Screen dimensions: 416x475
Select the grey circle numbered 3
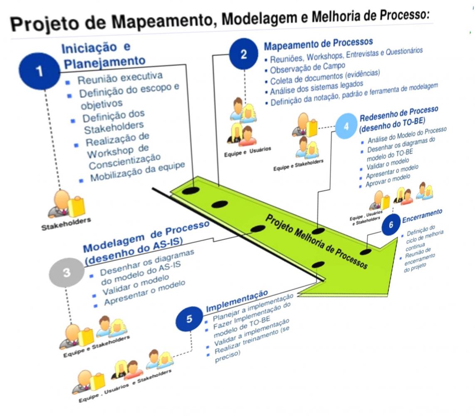(x=67, y=273)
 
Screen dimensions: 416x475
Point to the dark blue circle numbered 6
(x=391, y=225)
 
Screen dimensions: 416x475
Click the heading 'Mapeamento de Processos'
(x=318, y=43)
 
